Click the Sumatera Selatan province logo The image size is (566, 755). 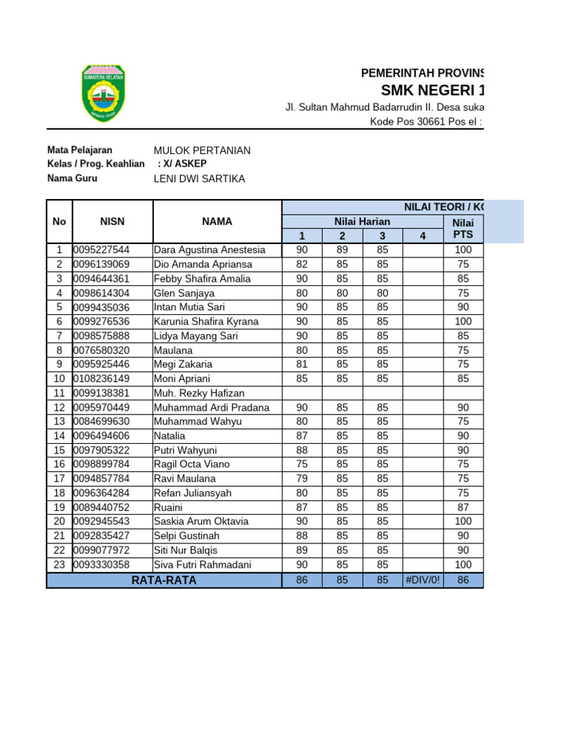[x=103, y=93]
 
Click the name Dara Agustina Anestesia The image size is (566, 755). [x=204, y=250]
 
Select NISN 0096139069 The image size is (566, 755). [x=102, y=264]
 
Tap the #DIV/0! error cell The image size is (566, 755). [x=422, y=580]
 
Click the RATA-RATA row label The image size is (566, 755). [x=164, y=580]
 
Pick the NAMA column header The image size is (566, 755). [x=217, y=221]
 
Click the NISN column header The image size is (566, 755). [x=113, y=221]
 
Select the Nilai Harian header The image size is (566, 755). [x=362, y=221]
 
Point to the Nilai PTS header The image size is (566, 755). [x=463, y=229]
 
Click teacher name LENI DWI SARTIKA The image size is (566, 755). [x=199, y=179]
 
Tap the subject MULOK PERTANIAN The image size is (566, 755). [x=202, y=150]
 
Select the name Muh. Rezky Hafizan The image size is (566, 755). [x=199, y=393]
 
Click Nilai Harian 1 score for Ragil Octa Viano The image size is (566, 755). [x=302, y=464]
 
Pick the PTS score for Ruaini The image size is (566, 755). [x=463, y=507]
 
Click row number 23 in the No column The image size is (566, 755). [x=59, y=564]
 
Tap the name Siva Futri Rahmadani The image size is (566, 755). [x=203, y=564]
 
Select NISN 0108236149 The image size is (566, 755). [x=102, y=378]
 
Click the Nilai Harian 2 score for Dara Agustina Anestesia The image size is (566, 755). [x=342, y=250]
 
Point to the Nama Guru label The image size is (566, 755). [x=71, y=178]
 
